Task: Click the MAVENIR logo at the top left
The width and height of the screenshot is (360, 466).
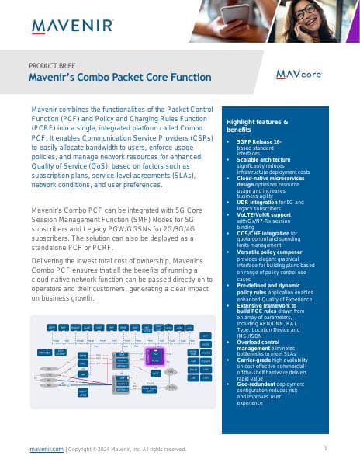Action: (72, 27)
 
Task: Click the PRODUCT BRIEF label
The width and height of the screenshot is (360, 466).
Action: (57, 65)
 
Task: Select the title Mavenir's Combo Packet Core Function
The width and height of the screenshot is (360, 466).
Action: (119, 78)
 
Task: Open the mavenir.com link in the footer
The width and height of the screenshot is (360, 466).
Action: (47, 449)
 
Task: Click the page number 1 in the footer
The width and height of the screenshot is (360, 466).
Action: (325, 448)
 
